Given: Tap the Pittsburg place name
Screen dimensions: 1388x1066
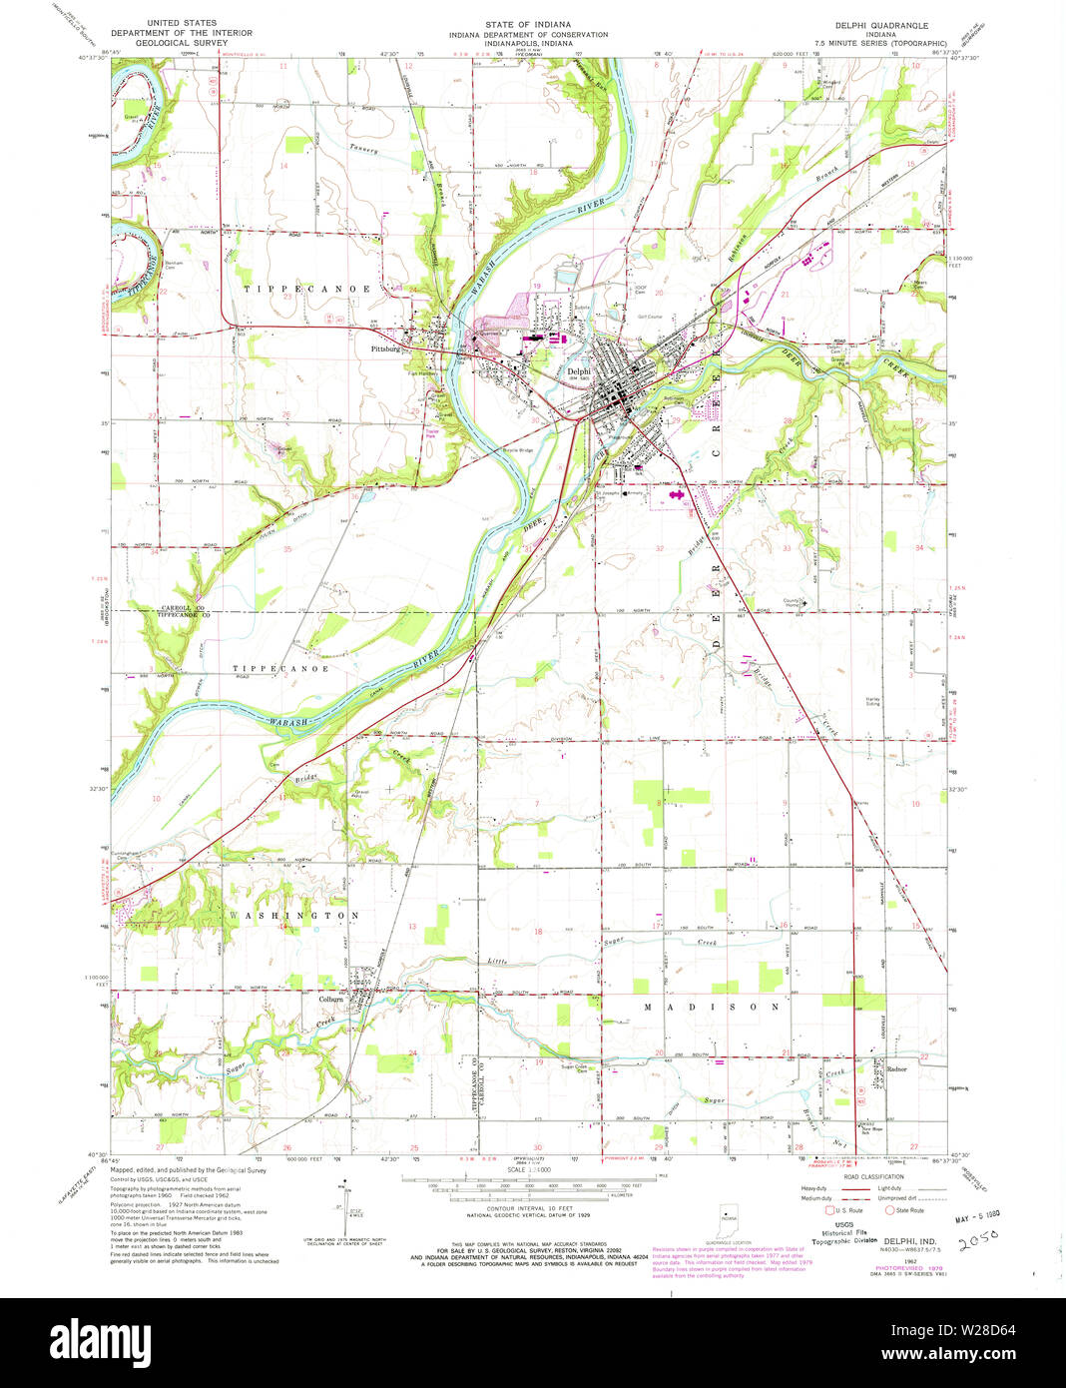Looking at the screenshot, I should pos(384,349).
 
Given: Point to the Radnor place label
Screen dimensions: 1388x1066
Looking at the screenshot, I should pos(895,1068).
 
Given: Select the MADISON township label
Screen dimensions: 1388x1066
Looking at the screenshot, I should pos(710,1008).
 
